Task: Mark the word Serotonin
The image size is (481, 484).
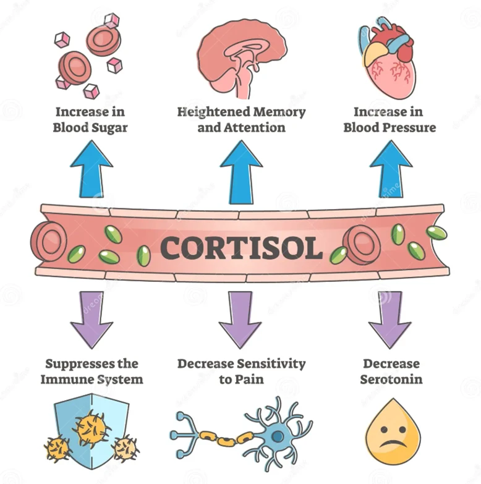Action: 391,379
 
